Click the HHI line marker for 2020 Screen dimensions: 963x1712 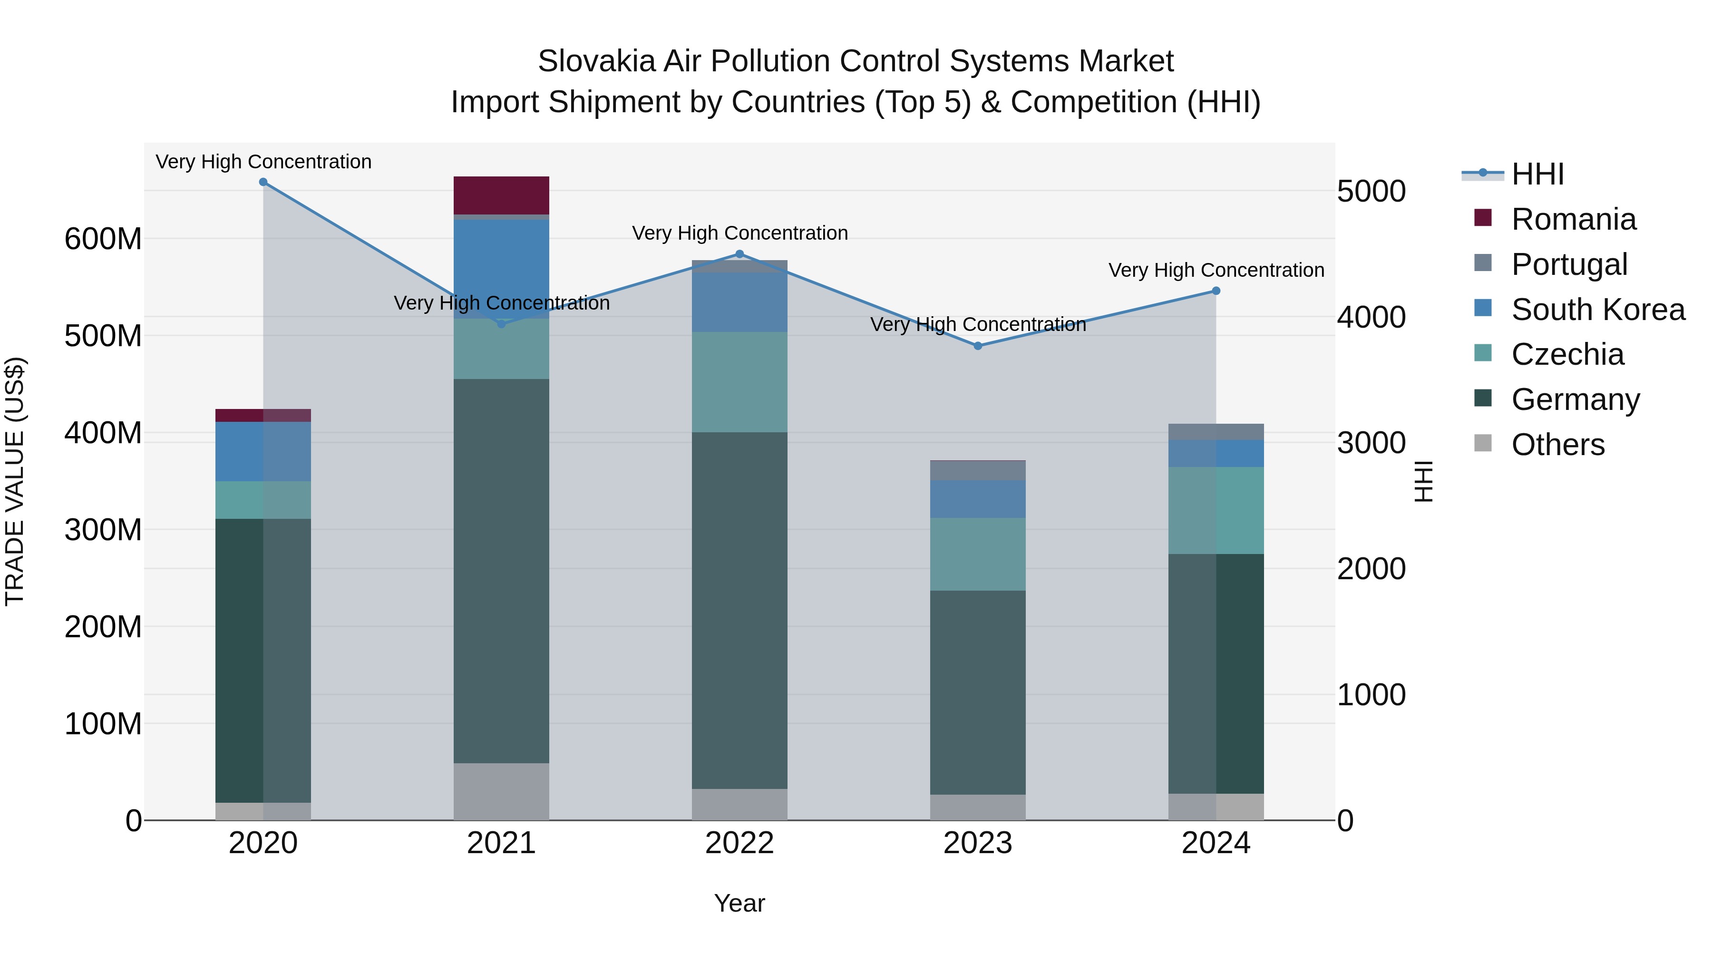pos(263,182)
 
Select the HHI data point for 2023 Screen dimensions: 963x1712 pos(978,346)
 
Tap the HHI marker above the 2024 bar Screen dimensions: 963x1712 pos(1216,291)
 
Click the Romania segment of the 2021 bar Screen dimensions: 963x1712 pos(501,195)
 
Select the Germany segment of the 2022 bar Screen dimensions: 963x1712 pos(739,610)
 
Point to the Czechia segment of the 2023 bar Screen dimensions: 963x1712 pos(978,554)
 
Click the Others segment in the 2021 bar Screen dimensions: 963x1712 pos(501,791)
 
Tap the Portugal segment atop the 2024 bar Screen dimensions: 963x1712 pos(1216,432)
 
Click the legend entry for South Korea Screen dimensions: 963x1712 pos(1598,310)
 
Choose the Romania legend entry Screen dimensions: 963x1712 pos(1573,219)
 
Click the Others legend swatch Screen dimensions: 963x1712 pos(1483,443)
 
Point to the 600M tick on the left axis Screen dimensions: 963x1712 pos(103,239)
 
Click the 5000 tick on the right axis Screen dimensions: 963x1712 pos(1371,191)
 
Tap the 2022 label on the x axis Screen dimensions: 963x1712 pos(739,843)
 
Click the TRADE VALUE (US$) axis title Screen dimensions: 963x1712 pos(15,481)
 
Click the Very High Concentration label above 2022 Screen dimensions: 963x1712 pos(739,233)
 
